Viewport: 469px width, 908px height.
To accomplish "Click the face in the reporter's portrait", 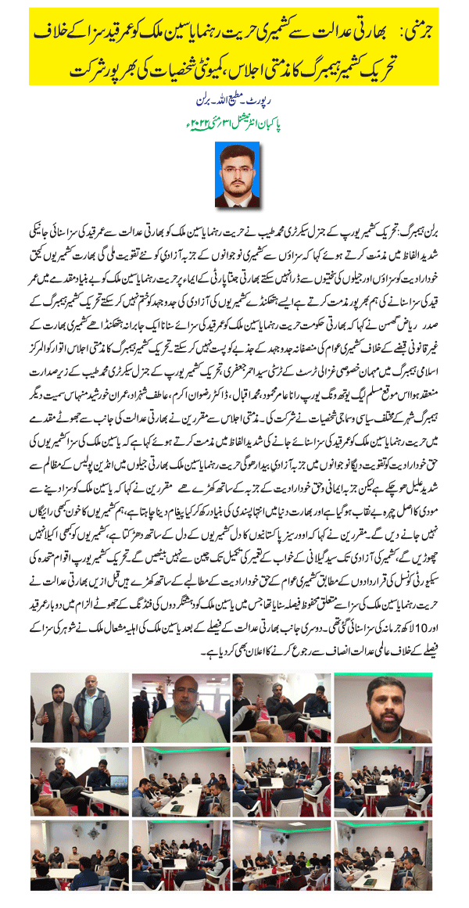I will pyautogui.click(x=234, y=163).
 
